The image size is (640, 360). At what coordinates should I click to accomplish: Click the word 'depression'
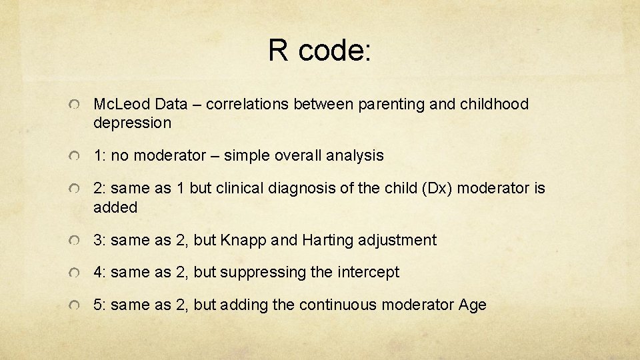[132, 123]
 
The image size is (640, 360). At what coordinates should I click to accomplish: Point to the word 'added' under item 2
[115, 207]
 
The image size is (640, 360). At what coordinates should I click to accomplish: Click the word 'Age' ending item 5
[472, 305]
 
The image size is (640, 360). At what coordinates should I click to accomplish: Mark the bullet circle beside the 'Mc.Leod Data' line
[77, 105]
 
